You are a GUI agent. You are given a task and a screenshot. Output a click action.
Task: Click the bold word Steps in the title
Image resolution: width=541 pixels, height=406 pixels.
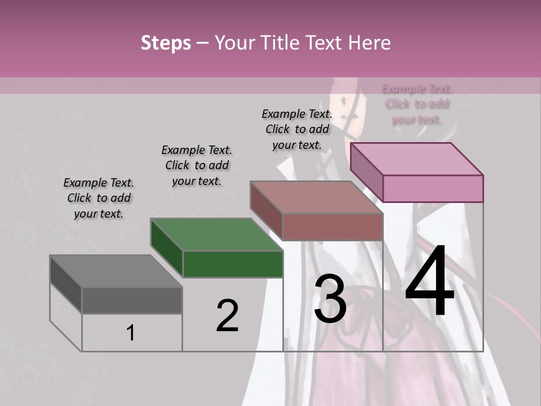pos(166,43)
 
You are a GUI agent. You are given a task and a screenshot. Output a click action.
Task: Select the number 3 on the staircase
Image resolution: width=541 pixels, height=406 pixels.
pos(330,299)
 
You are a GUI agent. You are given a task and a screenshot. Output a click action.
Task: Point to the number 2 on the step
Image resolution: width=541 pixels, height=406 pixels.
pos(227,315)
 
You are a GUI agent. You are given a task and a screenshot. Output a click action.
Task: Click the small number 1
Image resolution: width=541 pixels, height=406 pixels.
pos(131,333)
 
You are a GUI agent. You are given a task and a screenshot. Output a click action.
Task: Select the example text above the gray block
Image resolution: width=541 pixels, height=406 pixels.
pos(99,198)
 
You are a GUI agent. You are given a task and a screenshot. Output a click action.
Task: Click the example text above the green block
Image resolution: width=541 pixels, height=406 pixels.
pos(197,165)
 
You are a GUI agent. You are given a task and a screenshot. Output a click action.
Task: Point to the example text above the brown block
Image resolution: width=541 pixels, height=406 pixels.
pos(297,129)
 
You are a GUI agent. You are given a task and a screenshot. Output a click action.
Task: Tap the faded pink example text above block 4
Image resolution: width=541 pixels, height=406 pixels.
pos(417,104)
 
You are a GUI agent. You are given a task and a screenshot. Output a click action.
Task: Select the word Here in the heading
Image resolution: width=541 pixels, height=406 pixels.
pos(370,43)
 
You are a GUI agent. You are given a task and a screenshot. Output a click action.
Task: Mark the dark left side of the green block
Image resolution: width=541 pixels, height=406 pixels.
pos(167,248)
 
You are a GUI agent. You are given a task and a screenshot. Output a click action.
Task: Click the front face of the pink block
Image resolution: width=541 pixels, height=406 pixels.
pos(433,188)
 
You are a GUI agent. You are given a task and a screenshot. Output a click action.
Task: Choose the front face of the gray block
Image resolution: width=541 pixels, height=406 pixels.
pos(132,300)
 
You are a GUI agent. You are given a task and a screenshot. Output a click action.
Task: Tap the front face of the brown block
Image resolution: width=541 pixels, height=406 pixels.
pos(332,227)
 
